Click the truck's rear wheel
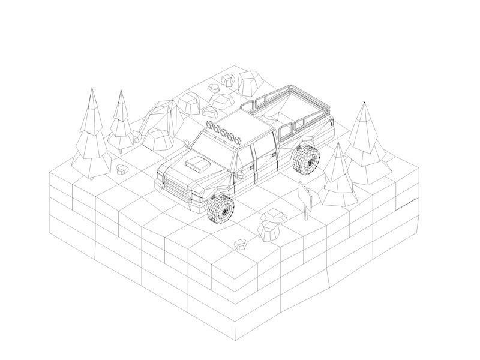pyautogui.click(x=305, y=158)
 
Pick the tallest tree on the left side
pyautogui.click(x=91, y=135)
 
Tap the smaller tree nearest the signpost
pyautogui.click(x=340, y=177)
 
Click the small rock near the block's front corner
pyautogui.click(x=241, y=243)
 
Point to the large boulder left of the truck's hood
pyautogui.click(x=159, y=139)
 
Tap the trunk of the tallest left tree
pyautogui.click(x=91, y=176)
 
